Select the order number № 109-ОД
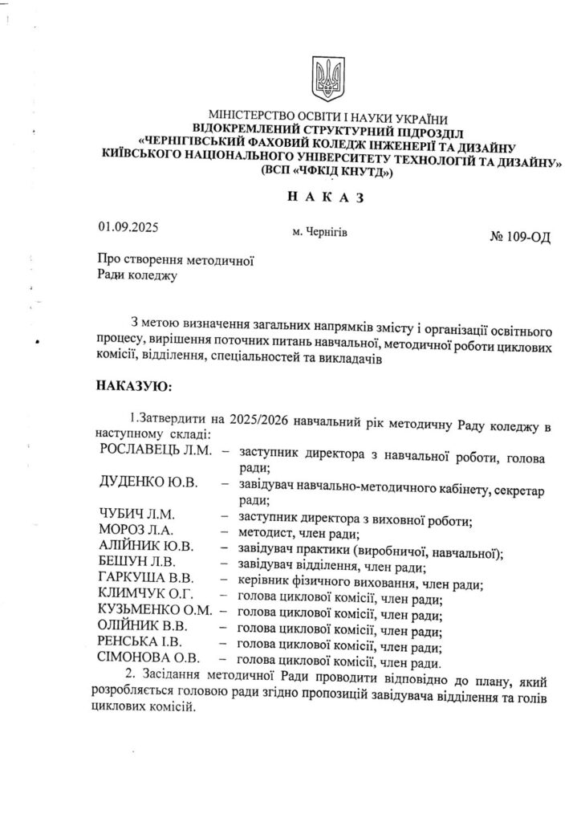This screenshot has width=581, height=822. pyautogui.click(x=519, y=238)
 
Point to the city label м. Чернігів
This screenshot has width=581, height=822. pyautogui.click(x=321, y=231)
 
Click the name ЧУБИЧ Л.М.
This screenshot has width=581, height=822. pyautogui.click(x=136, y=515)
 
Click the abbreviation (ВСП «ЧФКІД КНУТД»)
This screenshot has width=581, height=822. pyautogui.click(x=330, y=172)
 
